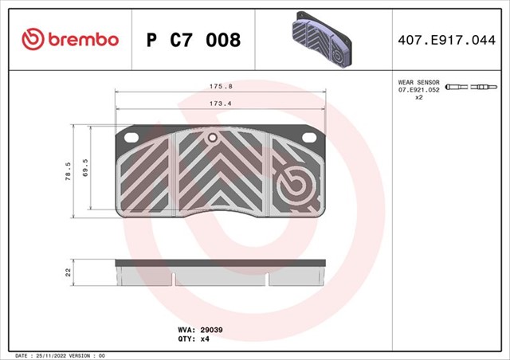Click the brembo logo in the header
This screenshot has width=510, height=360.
click(70, 38)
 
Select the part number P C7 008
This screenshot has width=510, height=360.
click(194, 39)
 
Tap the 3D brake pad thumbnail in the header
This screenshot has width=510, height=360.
click(321, 39)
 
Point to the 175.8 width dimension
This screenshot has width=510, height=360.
click(221, 85)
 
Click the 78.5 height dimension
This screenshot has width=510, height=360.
click(67, 171)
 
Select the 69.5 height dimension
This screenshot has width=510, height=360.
click(84, 169)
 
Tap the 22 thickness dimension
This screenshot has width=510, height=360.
click(68, 272)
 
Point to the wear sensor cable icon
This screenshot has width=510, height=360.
click(470, 86)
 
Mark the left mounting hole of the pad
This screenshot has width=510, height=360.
click(131, 137)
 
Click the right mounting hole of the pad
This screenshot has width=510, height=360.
click(308, 137)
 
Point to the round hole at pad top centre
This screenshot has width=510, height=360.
click(213, 138)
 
